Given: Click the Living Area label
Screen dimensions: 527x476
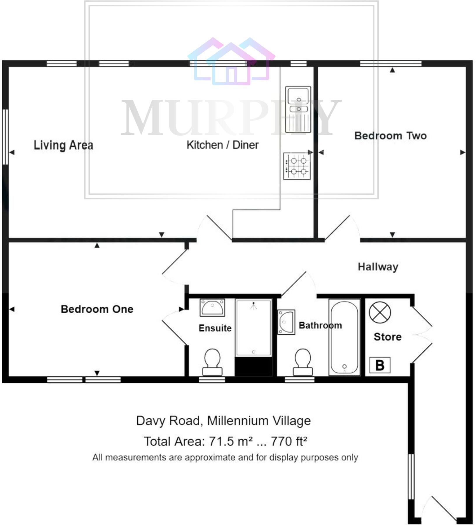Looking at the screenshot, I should coord(63,145).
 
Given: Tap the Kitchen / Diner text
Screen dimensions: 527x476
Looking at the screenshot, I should coord(222,145).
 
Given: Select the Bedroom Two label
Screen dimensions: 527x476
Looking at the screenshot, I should coord(390,136).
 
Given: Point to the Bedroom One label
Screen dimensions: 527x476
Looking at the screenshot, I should coord(97,309).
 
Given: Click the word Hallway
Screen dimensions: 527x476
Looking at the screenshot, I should coord(378,267).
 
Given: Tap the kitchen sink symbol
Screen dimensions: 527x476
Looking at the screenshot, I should coord(298,109).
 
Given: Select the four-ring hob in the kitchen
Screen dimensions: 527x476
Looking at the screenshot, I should coord(297,166).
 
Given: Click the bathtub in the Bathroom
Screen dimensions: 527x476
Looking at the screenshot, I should coord(344,337).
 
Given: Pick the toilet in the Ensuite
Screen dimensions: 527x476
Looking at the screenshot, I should coord(212,362).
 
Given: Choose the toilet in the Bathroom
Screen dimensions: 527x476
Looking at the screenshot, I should coord(303,362).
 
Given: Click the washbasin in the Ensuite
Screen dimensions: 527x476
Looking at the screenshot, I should coord(212,307).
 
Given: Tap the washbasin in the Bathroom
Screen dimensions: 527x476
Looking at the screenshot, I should coord(286,322).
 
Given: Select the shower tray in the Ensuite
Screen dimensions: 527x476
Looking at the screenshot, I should coord(253,328).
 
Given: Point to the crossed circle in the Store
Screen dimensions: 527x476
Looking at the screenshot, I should coord(380,312).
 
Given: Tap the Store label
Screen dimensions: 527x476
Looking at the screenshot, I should coord(387,337).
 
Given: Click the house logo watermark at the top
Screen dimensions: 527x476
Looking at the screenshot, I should coord(231,61).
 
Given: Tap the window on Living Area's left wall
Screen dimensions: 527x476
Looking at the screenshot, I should coord(5,137).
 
